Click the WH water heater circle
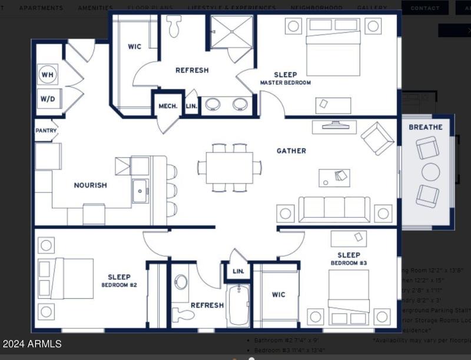click(48, 75)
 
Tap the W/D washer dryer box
click(48, 99)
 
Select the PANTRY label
click(45, 131)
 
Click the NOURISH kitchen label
click(90, 185)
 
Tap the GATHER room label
click(291, 151)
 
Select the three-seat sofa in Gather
click(334, 209)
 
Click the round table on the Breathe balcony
click(431, 172)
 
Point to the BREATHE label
click(426, 127)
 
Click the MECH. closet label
click(168, 106)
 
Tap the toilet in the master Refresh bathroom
click(174, 26)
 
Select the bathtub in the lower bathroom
click(238, 306)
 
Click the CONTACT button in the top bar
click(424, 8)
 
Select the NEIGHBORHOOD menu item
click(316, 8)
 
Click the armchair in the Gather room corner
click(377, 138)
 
